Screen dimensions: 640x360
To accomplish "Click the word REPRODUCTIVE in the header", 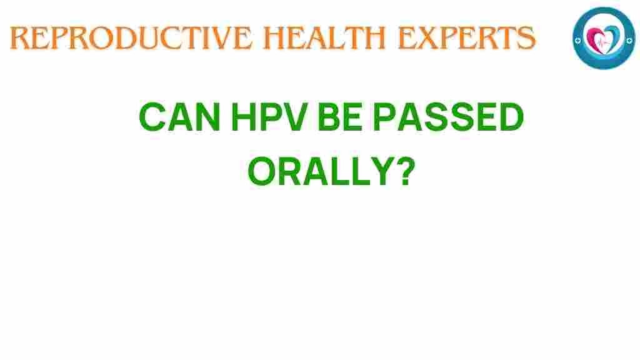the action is coord(131,38).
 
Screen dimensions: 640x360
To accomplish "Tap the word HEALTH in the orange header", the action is coord(324,38).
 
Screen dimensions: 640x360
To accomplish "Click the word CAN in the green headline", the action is coord(179,117).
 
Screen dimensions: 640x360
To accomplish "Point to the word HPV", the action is coord(269,117).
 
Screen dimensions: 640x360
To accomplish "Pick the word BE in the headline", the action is coord(339,117).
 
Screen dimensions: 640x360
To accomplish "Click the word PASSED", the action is coord(447,117).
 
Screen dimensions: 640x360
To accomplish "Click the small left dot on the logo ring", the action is coord(577,41).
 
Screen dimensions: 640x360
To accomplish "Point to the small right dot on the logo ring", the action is coord(630,40).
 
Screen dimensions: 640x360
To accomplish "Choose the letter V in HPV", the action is coord(295,117).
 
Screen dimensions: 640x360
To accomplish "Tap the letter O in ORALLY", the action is coord(262,171).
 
